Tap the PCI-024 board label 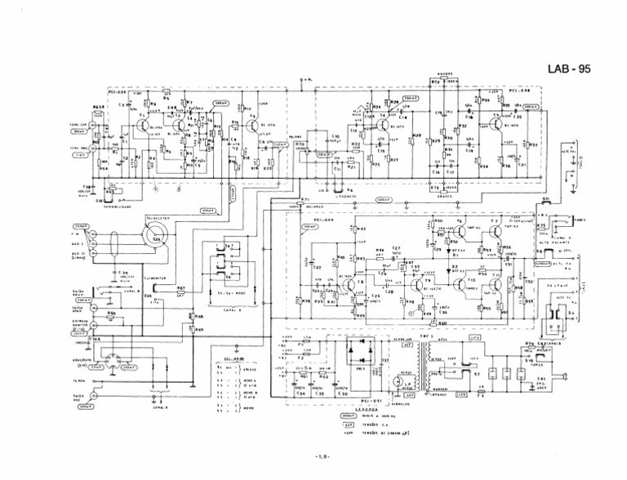point(120,91)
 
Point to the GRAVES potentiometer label point(445,195)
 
